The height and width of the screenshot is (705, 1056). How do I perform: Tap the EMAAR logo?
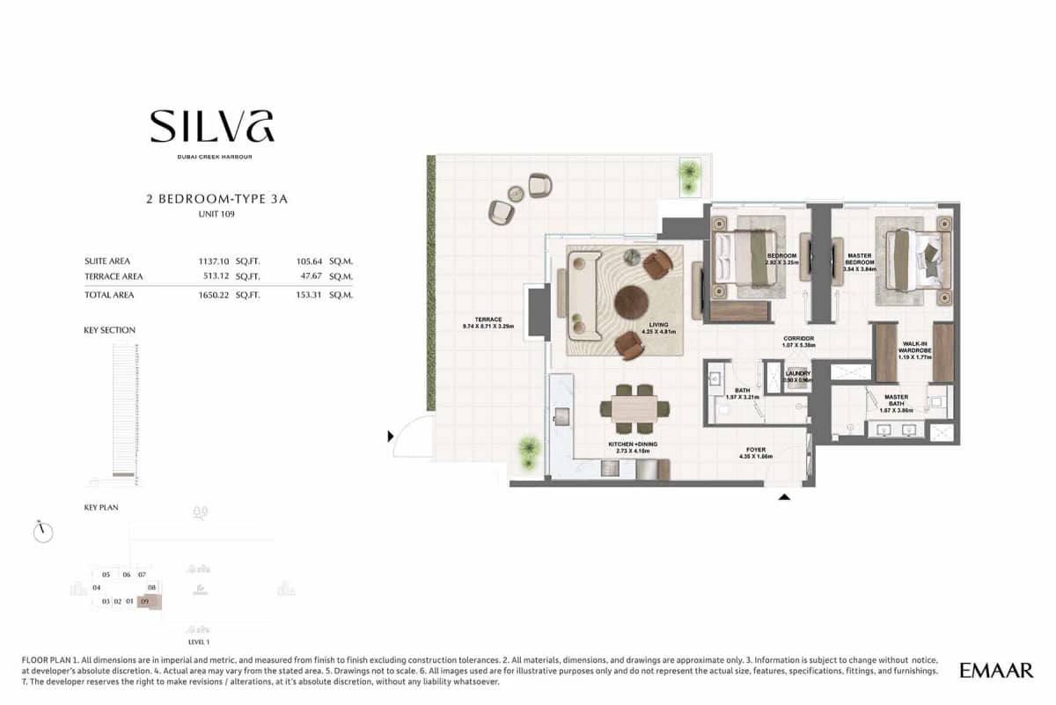click(x=996, y=671)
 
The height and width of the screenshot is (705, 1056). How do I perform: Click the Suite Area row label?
click(x=107, y=261)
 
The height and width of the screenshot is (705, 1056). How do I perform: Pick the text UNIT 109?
click(x=216, y=215)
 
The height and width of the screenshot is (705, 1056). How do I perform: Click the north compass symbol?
click(x=42, y=532)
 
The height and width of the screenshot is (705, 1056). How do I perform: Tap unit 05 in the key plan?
click(x=106, y=575)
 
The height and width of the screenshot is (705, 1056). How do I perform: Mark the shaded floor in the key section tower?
click(x=124, y=475)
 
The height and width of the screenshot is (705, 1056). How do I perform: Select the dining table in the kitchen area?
click(x=634, y=408)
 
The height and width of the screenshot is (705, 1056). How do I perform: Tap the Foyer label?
click(x=757, y=452)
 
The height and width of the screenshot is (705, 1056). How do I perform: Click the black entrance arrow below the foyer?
click(x=785, y=497)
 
